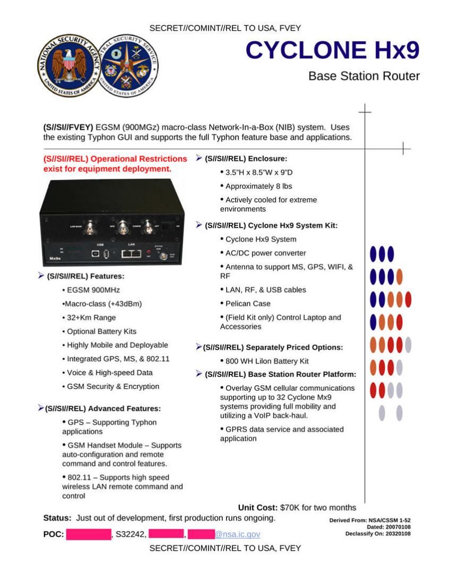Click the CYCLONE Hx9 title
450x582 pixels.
332,50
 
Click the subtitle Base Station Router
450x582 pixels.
364,76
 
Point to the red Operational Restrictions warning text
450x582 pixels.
115,164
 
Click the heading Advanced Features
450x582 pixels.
103,408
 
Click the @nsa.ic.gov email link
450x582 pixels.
237,534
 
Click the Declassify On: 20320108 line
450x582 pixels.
377,533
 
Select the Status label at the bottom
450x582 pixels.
57,517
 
